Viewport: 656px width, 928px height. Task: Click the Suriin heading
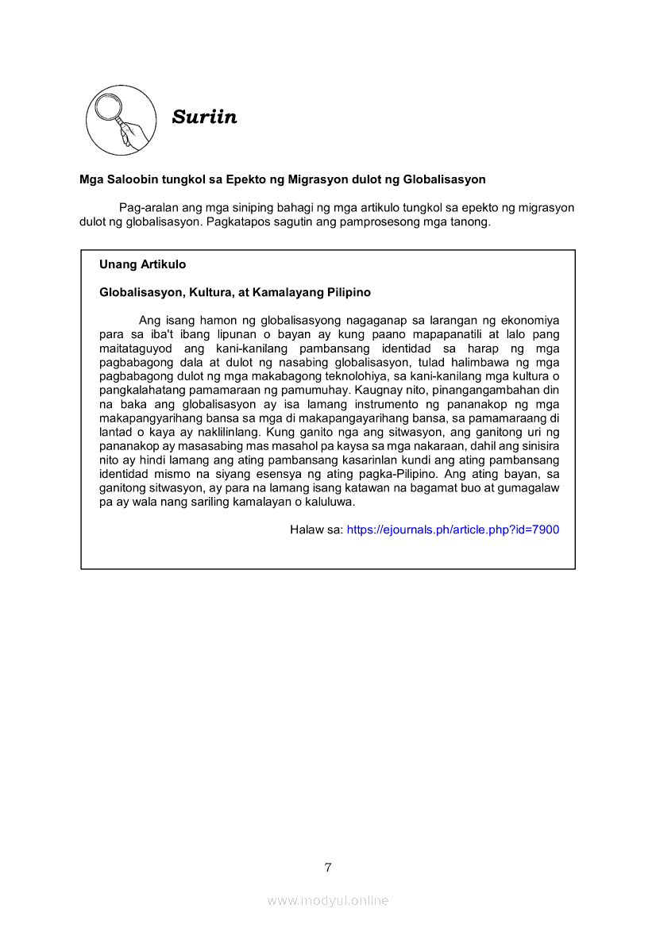coord(205,117)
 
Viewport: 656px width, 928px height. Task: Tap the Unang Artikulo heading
coord(143,264)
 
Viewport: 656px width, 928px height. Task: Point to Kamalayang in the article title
coord(291,293)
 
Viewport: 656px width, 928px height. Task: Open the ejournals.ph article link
coord(453,529)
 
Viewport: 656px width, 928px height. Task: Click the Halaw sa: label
coord(316,529)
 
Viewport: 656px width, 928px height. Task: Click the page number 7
coord(328,867)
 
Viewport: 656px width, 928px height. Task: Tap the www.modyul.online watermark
coord(328,900)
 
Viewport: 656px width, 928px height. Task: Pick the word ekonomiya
coord(528,321)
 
